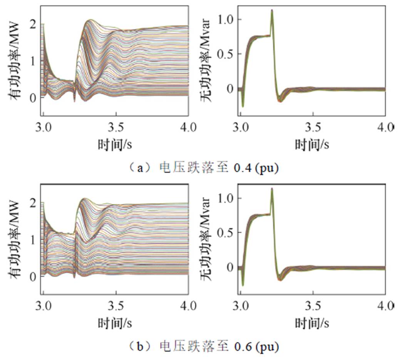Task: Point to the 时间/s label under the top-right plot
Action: [312, 145]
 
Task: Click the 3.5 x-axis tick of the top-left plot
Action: [116, 128]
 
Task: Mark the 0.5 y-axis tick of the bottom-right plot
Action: [225, 233]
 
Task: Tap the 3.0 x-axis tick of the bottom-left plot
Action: [43, 307]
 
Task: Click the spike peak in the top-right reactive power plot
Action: [272, 10]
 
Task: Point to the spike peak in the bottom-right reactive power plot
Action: [272, 189]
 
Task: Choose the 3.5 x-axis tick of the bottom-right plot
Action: [313, 307]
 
